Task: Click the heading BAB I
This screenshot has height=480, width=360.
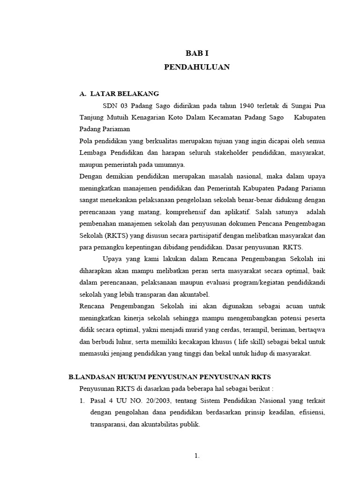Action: click(197, 53)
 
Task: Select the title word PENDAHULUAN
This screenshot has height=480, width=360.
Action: click(197, 67)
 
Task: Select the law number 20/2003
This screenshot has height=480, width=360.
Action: click(158, 401)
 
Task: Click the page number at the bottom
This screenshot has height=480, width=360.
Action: click(197, 455)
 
